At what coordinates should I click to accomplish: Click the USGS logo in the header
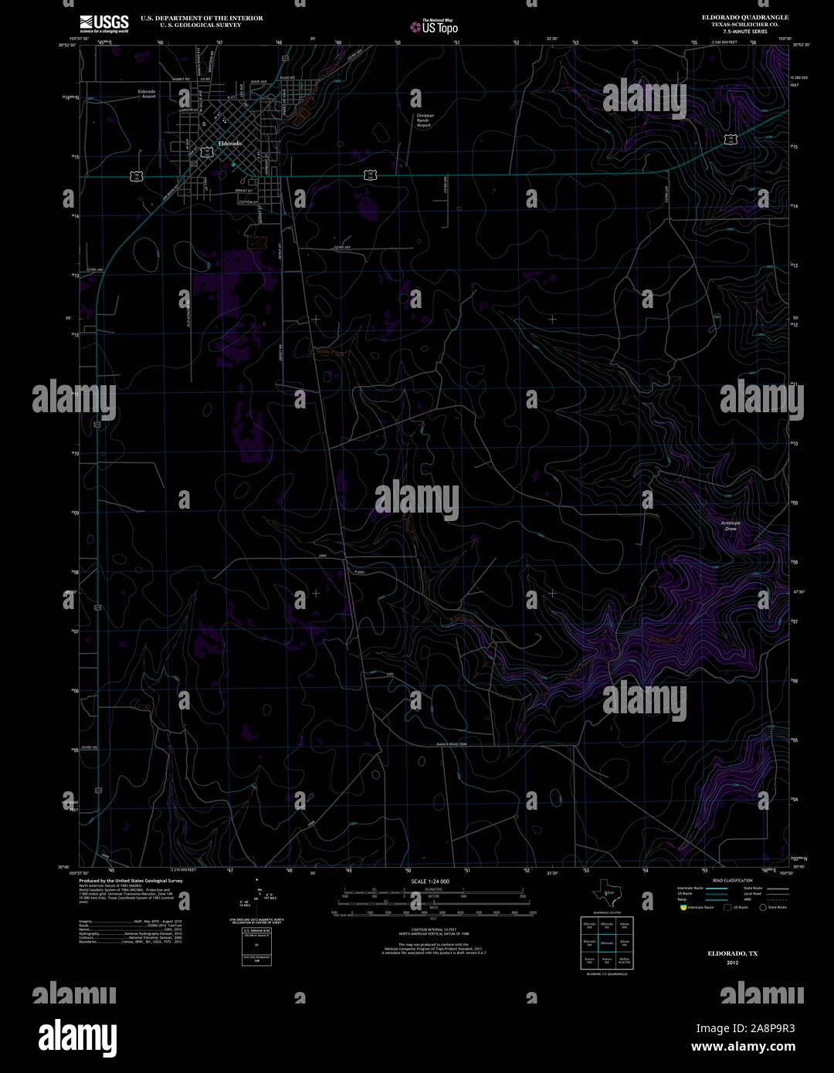(103, 23)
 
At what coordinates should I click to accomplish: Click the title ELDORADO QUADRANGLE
(745, 17)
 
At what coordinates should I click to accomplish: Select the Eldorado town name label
(229, 144)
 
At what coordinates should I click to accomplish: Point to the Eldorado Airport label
(147, 94)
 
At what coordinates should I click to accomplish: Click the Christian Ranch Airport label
(424, 120)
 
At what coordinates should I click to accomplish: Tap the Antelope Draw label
(731, 526)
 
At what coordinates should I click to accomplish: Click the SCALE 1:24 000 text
(430, 881)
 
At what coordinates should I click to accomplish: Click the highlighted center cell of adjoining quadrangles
(607, 943)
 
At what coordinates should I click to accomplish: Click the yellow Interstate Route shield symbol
(683, 908)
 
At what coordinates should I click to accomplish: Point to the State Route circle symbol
(762, 908)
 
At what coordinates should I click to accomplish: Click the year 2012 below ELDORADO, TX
(733, 963)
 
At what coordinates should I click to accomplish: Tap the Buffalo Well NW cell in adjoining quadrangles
(625, 961)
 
